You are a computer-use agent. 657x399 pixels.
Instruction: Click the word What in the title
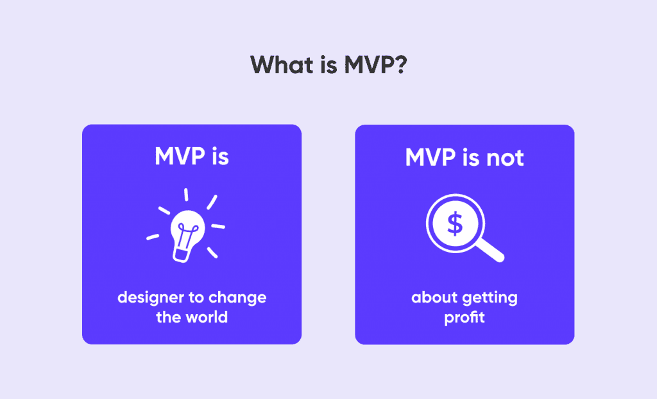277,65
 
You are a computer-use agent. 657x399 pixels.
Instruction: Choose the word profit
465,317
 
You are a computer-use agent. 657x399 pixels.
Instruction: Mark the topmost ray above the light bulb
186,194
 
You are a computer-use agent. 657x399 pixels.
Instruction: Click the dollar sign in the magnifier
455,224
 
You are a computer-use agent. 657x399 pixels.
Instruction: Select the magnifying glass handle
491,251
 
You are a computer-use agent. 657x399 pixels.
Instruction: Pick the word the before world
169,317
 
